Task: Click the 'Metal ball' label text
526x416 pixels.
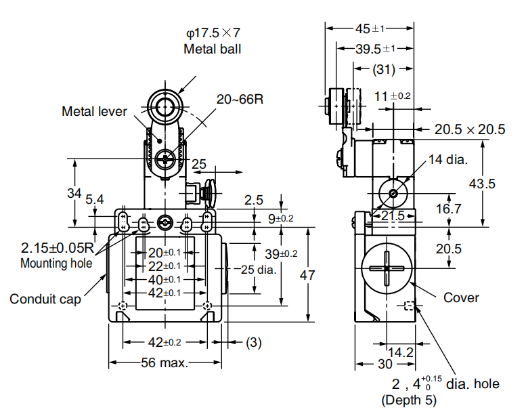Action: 212,49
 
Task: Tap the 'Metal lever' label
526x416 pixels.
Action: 94,111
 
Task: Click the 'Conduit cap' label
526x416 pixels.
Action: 45,298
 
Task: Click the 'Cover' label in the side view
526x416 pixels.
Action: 461,297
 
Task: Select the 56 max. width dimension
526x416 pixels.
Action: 165,362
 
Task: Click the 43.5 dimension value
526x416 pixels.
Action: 496,183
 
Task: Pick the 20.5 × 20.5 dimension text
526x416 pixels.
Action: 470,129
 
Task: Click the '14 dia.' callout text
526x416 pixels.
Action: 447,160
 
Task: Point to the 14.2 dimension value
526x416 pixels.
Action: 400,352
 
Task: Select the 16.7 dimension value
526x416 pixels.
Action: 448,209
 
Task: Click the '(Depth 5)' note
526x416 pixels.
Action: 410,400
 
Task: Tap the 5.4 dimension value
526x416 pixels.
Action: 95,199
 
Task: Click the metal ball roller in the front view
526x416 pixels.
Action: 163,107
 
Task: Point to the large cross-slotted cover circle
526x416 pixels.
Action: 385,268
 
